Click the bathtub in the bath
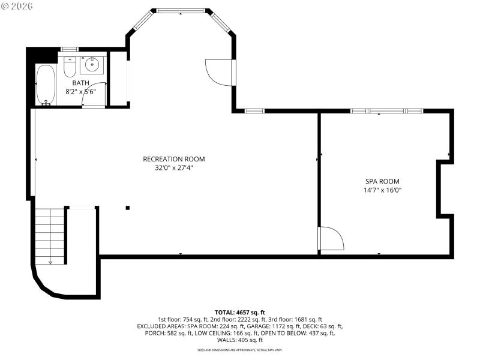[46, 85]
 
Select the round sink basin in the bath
[92, 65]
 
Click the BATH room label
[81, 83]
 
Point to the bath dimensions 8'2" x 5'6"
[81, 92]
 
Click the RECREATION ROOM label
[174, 159]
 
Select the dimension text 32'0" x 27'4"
[174, 168]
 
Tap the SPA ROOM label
[382, 181]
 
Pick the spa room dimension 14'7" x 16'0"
[382, 190]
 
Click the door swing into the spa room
[332, 238]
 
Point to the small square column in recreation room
[127, 208]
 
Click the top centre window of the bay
[181, 10]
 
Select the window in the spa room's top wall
[387, 111]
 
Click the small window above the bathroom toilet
[70, 49]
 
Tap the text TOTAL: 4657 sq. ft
[240, 312]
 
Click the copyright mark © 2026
[17, 6]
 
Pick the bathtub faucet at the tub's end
[46, 103]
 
